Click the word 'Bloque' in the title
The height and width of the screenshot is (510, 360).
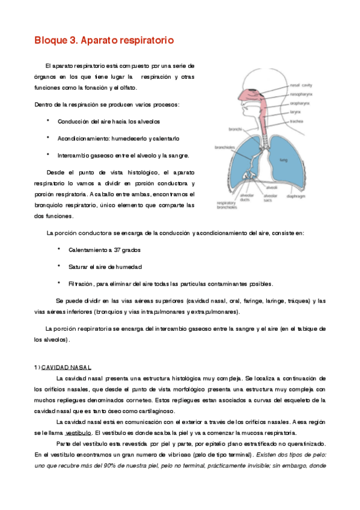click(50, 41)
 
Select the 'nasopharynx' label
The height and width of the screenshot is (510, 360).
click(300, 94)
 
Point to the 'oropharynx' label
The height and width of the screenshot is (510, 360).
click(299, 103)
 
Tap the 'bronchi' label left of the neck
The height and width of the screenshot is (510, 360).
click(234, 129)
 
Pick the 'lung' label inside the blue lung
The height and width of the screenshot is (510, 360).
click(284, 160)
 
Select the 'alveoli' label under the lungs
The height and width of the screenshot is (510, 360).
click(272, 188)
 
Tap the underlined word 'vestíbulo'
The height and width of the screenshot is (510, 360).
click(78, 432)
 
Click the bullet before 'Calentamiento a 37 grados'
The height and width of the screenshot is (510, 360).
click(59, 248)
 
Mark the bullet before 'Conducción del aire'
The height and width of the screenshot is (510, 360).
click(47, 121)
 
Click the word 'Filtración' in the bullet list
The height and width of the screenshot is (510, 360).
click(81, 283)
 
